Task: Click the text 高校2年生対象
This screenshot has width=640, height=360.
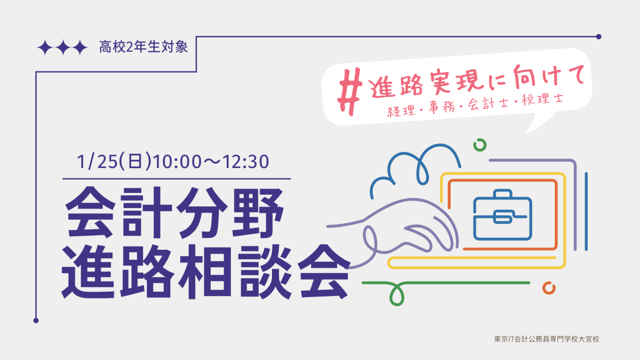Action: (x=143, y=47)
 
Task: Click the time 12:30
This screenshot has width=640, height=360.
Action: (x=245, y=162)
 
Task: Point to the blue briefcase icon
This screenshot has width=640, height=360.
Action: (x=502, y=215)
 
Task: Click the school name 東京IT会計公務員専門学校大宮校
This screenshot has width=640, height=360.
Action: (x=547, y=339)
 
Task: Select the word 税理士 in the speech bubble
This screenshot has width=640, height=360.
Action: (x=542, y=99)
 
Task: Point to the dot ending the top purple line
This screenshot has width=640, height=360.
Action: (x=599, y=37)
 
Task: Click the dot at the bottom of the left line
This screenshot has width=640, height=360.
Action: (x=36, y=321)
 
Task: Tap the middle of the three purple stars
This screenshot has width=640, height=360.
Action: (x=63, y=47)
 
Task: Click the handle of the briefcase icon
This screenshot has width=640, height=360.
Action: (x=502, y=194)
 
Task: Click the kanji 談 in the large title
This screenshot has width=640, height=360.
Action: (x=265, y=271)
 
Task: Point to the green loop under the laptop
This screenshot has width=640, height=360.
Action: (x=397, y=294)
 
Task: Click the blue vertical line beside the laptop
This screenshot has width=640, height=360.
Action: (x=586, y=211)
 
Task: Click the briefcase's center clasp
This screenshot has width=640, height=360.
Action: (x=502, y=217)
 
